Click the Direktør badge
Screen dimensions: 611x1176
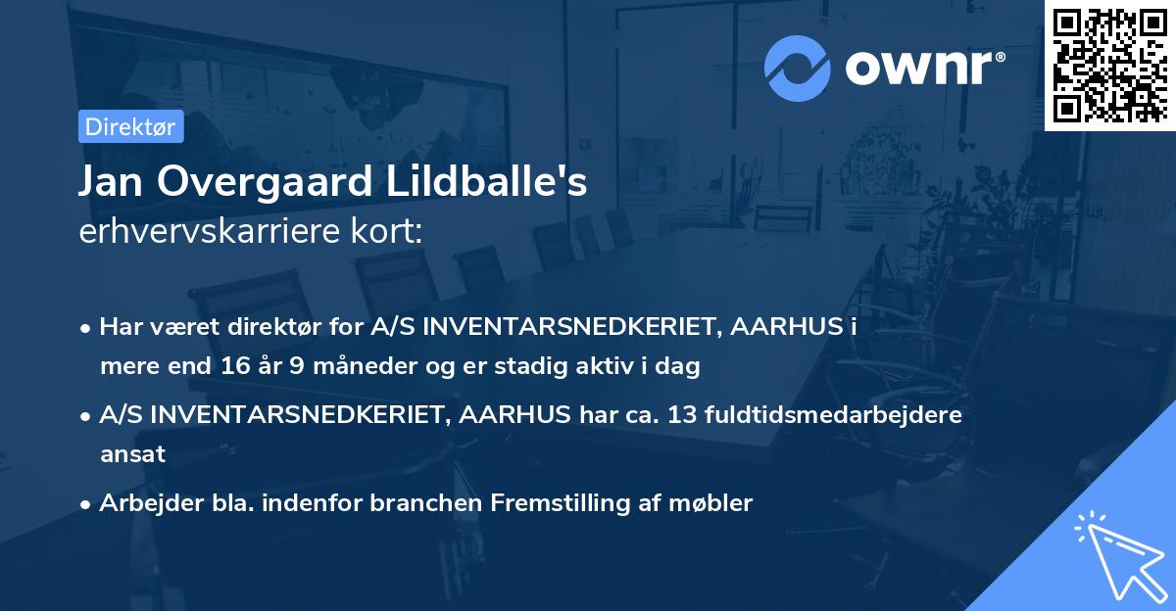point(130,126)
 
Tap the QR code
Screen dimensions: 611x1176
point(1108,65)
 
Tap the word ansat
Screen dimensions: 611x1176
point(132,454)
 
